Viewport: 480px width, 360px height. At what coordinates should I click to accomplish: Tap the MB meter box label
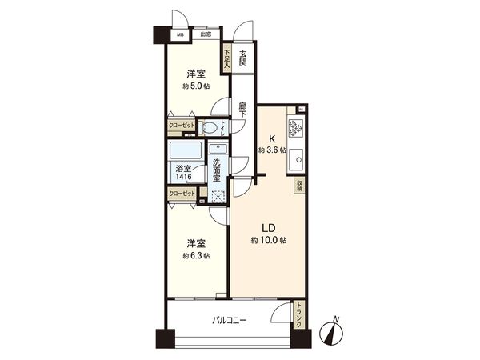[181, 34]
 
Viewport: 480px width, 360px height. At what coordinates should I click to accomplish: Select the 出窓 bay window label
[205, 34]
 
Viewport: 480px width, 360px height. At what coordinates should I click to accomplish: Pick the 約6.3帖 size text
[196, 255]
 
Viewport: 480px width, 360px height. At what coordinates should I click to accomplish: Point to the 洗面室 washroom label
[218, 171]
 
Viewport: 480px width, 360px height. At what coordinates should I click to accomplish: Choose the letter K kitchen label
[273, 137]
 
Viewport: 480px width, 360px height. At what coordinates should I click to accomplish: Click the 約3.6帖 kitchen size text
[270, 150]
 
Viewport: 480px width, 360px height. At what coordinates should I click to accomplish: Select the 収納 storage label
[299, 186]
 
